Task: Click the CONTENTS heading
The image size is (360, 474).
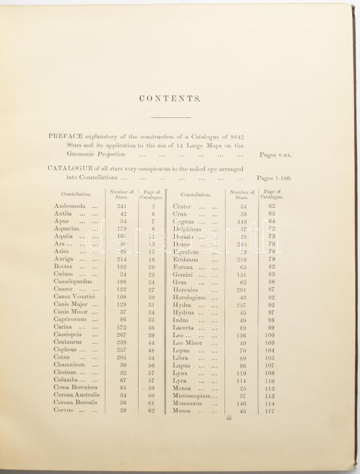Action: coord(172,99)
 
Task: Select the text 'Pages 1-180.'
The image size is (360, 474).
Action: coord(274,178)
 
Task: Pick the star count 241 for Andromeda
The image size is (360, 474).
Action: coord(122,206)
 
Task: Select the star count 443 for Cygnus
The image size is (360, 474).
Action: coord(241,221)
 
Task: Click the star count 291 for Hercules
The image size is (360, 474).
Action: coord(241,290)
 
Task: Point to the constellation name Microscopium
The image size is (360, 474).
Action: coord(193,396)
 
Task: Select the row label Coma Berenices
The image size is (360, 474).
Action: coord(76,388)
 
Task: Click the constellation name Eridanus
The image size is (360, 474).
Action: coord(187,259)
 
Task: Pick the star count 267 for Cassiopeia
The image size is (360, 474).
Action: coord(122,335)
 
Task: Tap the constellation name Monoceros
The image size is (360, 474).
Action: coord(189,403)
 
